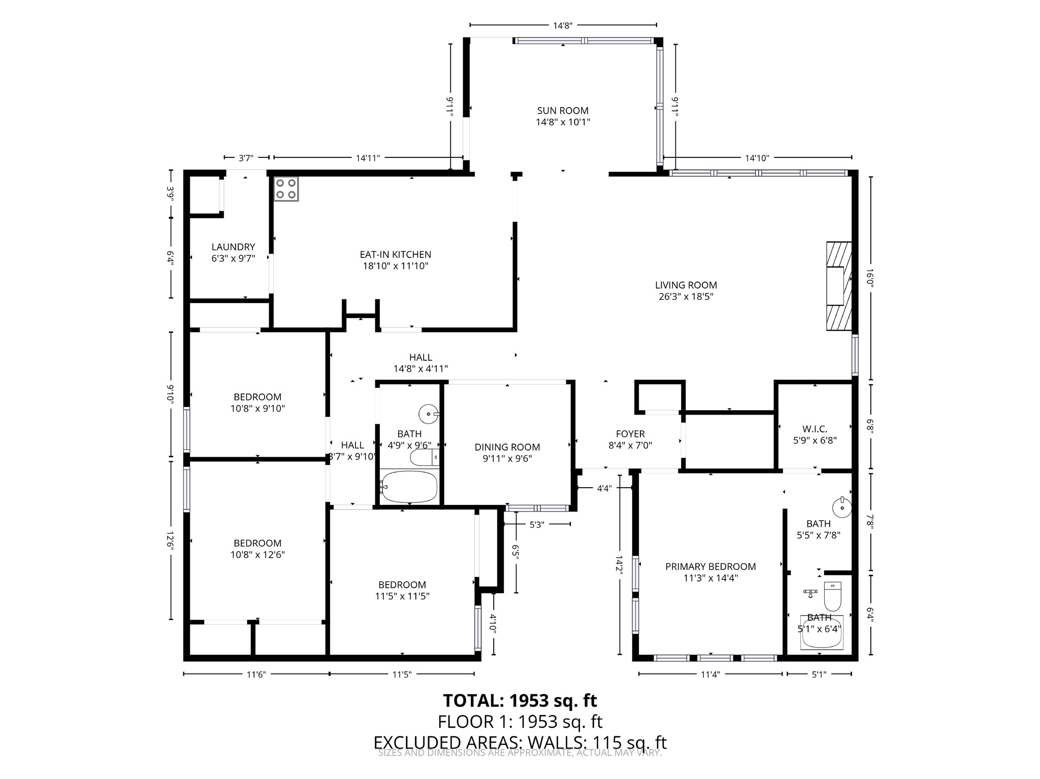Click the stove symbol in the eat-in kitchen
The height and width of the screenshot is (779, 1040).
tap(286, 189)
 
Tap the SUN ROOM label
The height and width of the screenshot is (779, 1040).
tap(563, 111)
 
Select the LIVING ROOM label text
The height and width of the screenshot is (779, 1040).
tap(686, 285)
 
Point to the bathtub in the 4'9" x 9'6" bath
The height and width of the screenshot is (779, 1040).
tap(409, 487)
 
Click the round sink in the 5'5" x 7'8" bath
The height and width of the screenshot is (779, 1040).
tap(841, 507)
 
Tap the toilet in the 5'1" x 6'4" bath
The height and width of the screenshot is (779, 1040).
tap(832, 597)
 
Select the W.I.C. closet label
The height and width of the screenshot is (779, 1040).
tap(815, 429)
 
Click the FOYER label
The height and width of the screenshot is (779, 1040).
tap(630, 434)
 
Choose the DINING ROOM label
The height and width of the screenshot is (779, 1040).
tap(507, 447)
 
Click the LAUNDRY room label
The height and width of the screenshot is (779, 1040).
tap(233, 247)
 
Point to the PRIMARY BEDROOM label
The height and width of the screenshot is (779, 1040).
tap(710, 566)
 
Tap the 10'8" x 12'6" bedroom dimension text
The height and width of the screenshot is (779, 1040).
tap(257, 555)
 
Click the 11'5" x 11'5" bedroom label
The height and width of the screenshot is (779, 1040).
tap(402, 596)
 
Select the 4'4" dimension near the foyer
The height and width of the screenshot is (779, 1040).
tap(604, 488)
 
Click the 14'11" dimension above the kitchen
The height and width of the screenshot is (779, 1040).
tap(368, 158)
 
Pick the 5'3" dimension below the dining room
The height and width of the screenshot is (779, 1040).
tap(536, 525)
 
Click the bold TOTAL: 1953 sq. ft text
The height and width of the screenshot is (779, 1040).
tap(519, 700)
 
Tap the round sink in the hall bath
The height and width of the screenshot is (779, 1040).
tap(428, 414)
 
